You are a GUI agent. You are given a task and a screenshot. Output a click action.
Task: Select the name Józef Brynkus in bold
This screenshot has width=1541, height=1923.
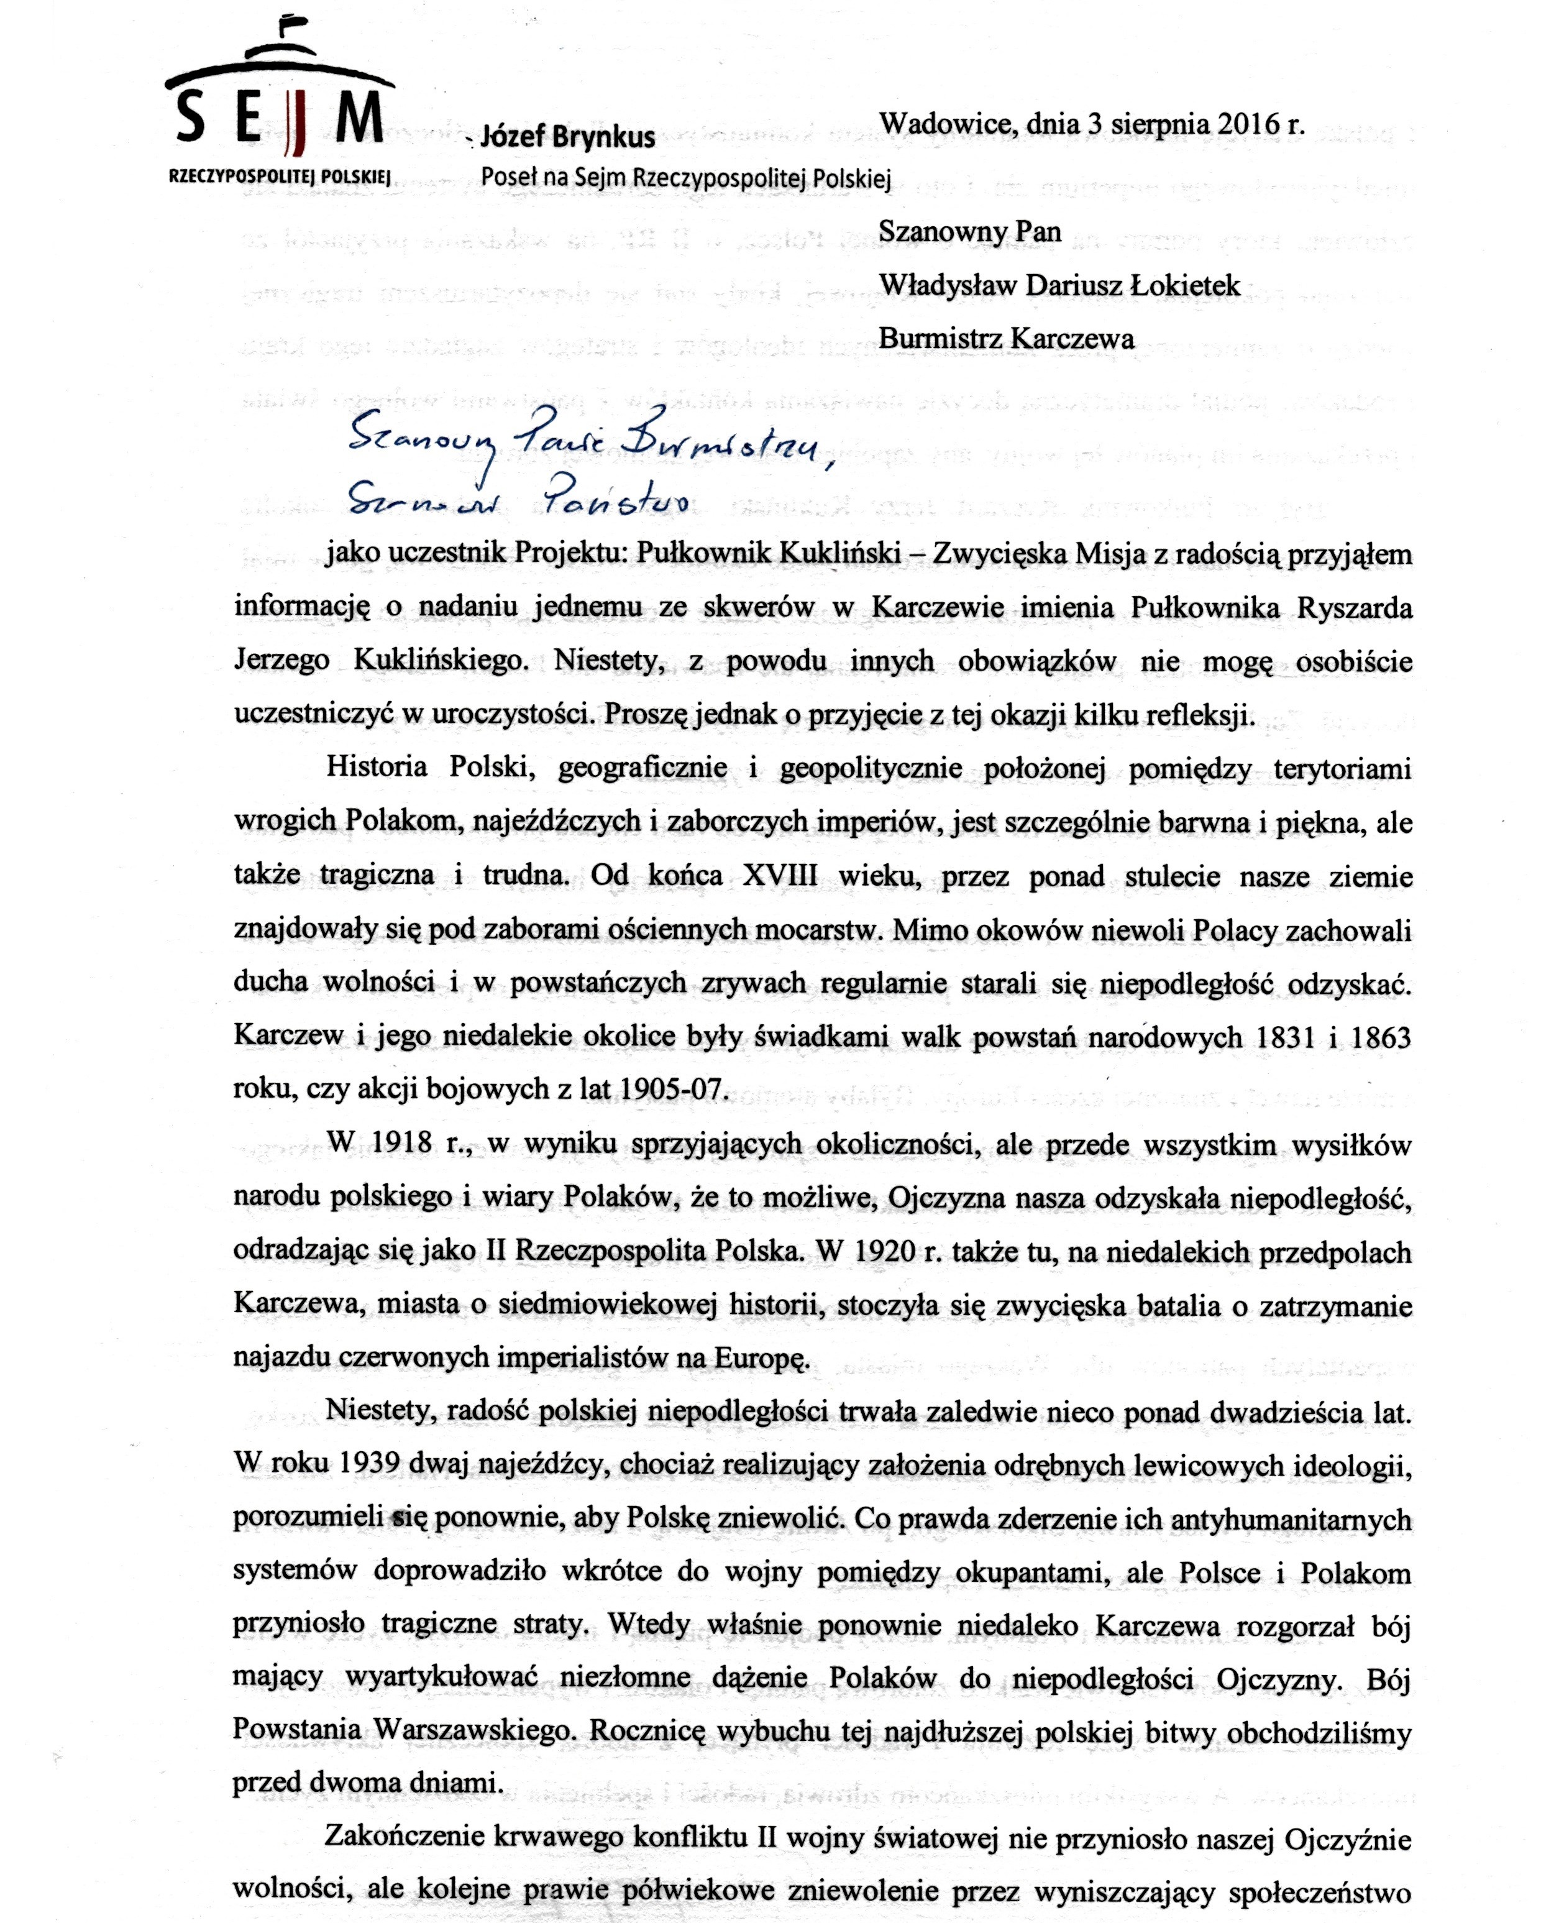pos(567,137)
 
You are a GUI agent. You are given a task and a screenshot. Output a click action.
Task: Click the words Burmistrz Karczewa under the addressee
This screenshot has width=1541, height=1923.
pos(1006,339)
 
